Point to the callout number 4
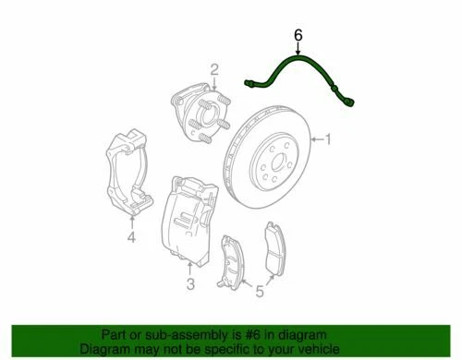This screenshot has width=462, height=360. pos(131,239)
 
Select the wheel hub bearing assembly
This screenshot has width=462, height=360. pos(198,114)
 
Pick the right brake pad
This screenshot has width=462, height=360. pos(274,251)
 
